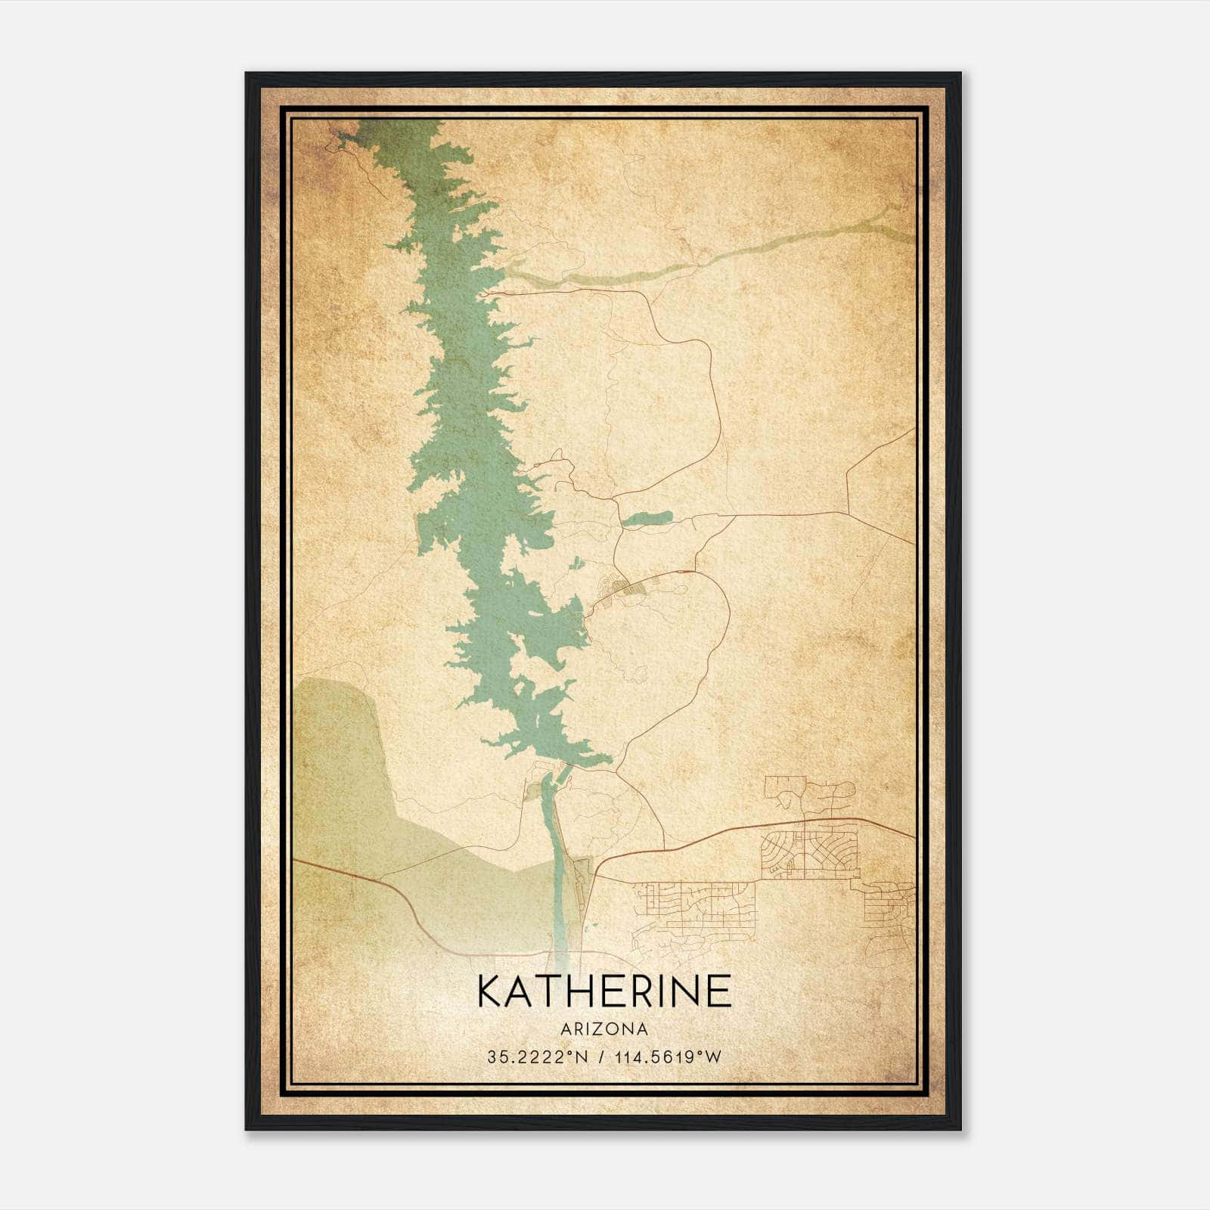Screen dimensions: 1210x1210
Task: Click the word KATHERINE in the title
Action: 604,991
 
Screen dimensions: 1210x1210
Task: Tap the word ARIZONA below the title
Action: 604,1029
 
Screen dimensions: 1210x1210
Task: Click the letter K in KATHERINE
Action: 493,991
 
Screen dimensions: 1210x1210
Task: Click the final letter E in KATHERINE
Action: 719,991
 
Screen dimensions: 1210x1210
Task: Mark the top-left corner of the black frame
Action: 247,74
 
